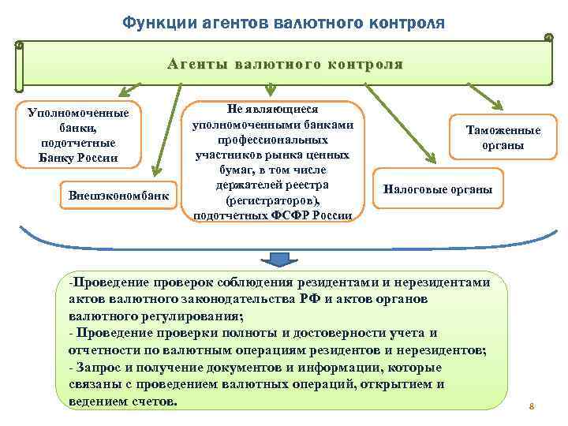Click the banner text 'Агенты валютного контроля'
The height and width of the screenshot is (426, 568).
[x=285, y=64]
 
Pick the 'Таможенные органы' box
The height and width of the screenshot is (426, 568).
[x=503, y=138]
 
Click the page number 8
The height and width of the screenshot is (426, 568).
[x=532, y=407]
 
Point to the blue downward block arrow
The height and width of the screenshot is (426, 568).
[x=278, y=260]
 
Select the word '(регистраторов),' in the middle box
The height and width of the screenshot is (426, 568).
[x=272, y=200]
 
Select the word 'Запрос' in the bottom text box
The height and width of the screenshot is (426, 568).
[x=99, y=368]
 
